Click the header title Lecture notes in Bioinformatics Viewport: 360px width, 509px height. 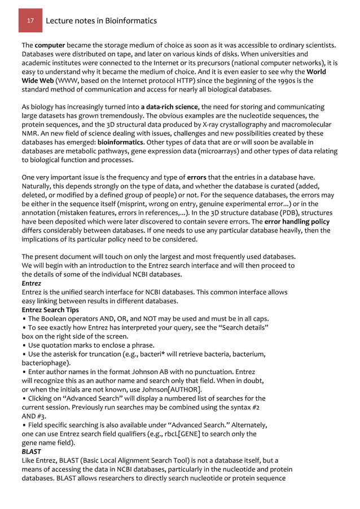point(101,21)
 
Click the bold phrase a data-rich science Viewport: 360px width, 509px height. point(169,107)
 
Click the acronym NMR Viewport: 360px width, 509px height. point(30,134)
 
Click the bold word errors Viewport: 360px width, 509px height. point(198,178)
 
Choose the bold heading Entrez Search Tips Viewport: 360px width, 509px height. point(50,310)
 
